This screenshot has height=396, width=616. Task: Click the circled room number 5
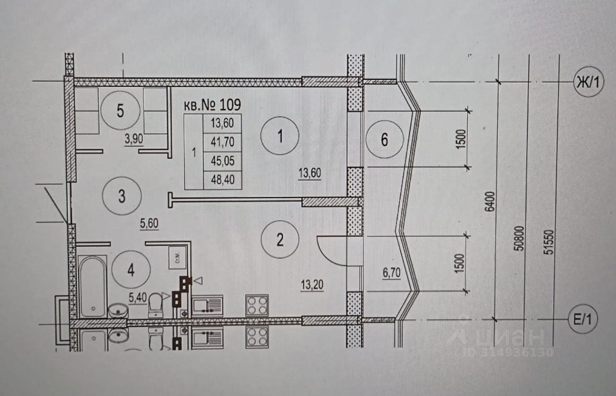coord(120,111)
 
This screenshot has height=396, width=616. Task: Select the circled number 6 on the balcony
coord(384,140)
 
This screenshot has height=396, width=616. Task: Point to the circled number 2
coord(280,239)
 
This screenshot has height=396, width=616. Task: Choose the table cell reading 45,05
coord(222,161)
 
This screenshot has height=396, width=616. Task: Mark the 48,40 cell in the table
coord(222,180)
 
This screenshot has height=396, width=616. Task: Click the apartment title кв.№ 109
coord(212,104)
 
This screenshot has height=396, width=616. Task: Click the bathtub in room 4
coord(92,286)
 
